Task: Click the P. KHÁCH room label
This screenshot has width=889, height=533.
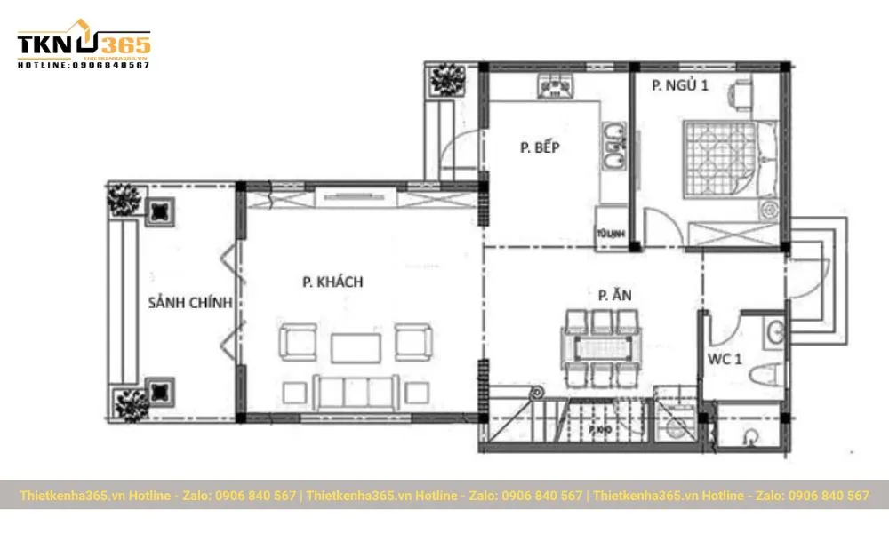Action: (x=332, y=282)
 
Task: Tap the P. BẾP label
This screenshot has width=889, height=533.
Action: (x=540, y=147)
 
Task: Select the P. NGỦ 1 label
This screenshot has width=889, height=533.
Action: (x=680, y=86)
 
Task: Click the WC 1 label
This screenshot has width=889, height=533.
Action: (x=725, y=360)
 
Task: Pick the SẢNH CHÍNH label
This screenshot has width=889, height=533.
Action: (x=190, y=303)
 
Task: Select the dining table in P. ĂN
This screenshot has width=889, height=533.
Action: (x=602, y=344)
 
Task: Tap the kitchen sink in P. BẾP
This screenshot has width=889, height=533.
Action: (x=612, y=147)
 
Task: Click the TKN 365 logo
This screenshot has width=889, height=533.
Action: (x=84, y=44)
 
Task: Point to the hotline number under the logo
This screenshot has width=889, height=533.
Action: (x=84, y=65)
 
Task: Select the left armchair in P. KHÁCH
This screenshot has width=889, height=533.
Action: (x=296, y=341)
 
